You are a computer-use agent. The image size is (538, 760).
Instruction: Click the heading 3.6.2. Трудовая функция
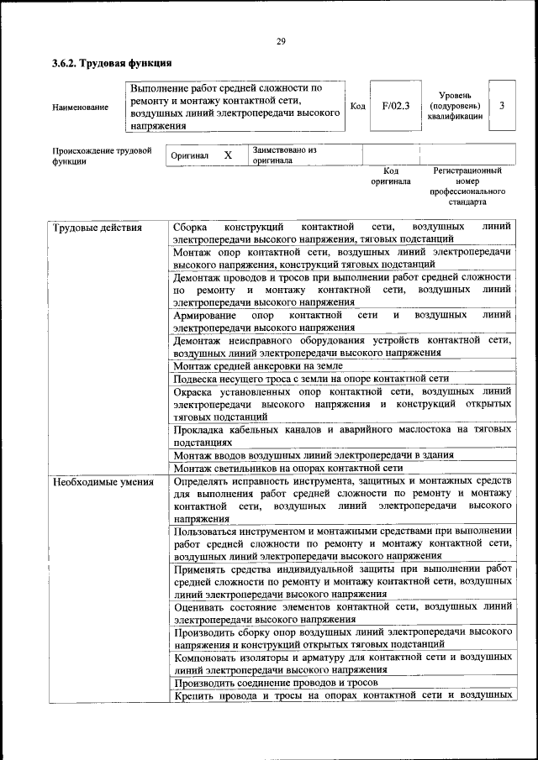tap(112, 63)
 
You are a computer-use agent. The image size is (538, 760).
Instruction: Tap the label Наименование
tap(80, 107)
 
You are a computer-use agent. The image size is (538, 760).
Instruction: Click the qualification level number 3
tap(502, 106)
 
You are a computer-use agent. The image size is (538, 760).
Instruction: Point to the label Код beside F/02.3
tap(357, 107)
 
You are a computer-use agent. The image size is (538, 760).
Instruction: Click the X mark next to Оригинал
tap(228, 155)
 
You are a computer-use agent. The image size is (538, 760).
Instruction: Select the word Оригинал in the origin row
tap(189, 156)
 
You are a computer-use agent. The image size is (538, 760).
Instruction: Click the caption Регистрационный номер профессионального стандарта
tap(467, 186)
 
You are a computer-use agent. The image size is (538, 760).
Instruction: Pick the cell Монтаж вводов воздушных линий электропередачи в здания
tap(314, 454)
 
